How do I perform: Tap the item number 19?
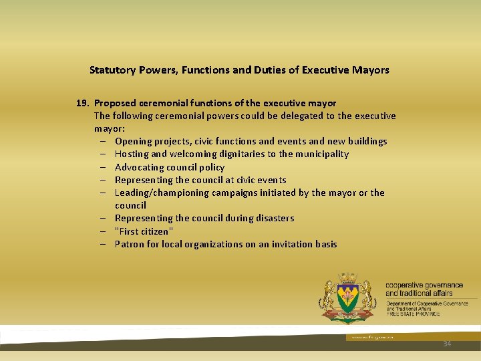pos(83,103)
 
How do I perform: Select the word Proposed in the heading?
pos(116,103)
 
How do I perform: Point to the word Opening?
pos(134,141)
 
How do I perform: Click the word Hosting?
pos(132,154)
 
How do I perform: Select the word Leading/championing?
pos(162,193)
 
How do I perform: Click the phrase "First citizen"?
pos(144,231)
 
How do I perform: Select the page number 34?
pos(447,344)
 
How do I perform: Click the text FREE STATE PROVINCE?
pos(413,314)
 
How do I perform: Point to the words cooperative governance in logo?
pos(424,285)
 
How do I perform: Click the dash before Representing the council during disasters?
pos(106,219)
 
